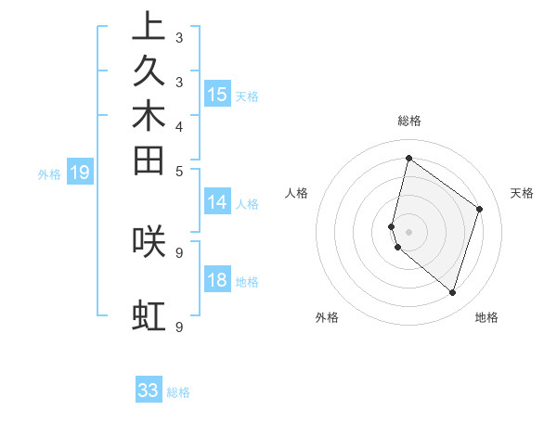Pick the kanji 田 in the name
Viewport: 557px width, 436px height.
coord(149,160)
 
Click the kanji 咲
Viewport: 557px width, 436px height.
coord(149,242)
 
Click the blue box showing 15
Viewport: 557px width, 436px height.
coord(217,94)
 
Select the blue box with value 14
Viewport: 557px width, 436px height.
coord(217,202)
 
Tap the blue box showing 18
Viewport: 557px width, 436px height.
coord(217,281)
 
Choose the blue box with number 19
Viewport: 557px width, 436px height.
coord(80,172)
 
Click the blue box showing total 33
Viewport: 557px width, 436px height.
coord(149,391)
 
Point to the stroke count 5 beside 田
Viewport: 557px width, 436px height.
coord(179,171)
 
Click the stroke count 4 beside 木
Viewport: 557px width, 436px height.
coord(179,126)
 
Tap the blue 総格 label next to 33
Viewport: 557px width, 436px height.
coord(179,392)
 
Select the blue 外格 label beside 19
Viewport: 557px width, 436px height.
coord(49,173)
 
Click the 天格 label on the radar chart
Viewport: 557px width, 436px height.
coord(522,193)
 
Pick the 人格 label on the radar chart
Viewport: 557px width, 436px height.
coord(297,193)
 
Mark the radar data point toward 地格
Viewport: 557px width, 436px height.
coord(452,293)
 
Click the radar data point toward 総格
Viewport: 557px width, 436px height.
coord(408,159)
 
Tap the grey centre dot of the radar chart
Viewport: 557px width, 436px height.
coord(408,231)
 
